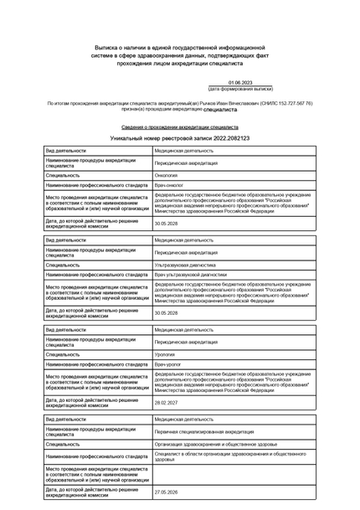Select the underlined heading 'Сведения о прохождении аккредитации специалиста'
point(180,126)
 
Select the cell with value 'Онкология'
point(167,175)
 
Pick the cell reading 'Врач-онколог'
point(170,185)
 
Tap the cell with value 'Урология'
point(166,354)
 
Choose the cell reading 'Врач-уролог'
point(169,364)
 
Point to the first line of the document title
point(180,49)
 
